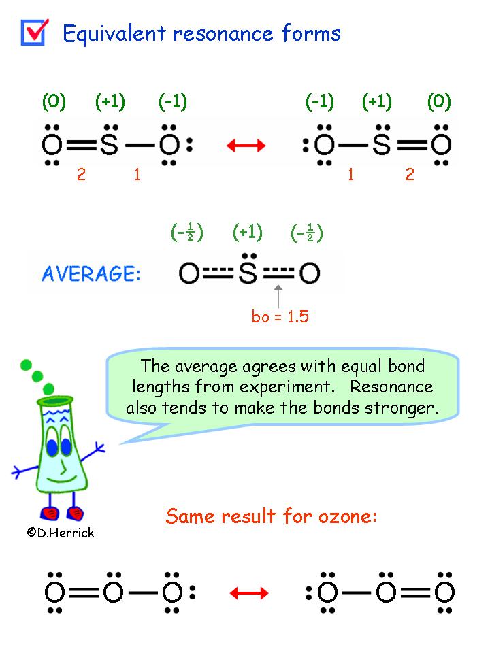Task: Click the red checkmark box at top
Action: (x=33, y=31)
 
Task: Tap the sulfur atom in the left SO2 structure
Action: (x=110, y=144)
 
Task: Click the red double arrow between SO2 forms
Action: (x=246, y=145)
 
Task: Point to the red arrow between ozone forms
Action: (x=249, y=593)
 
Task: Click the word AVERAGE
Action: (x=91, y=275)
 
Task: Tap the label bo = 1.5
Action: (x=280, y=317)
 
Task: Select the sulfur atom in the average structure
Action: (x=248, y=273)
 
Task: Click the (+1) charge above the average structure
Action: (x=247, y=233)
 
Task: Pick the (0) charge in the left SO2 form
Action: (x=54, y=102)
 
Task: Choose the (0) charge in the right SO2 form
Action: (x=439, y=102)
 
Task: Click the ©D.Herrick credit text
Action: (x=60, y=533)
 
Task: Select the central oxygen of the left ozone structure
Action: (x=113, y=592)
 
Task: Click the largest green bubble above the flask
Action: (x=49, y=388)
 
